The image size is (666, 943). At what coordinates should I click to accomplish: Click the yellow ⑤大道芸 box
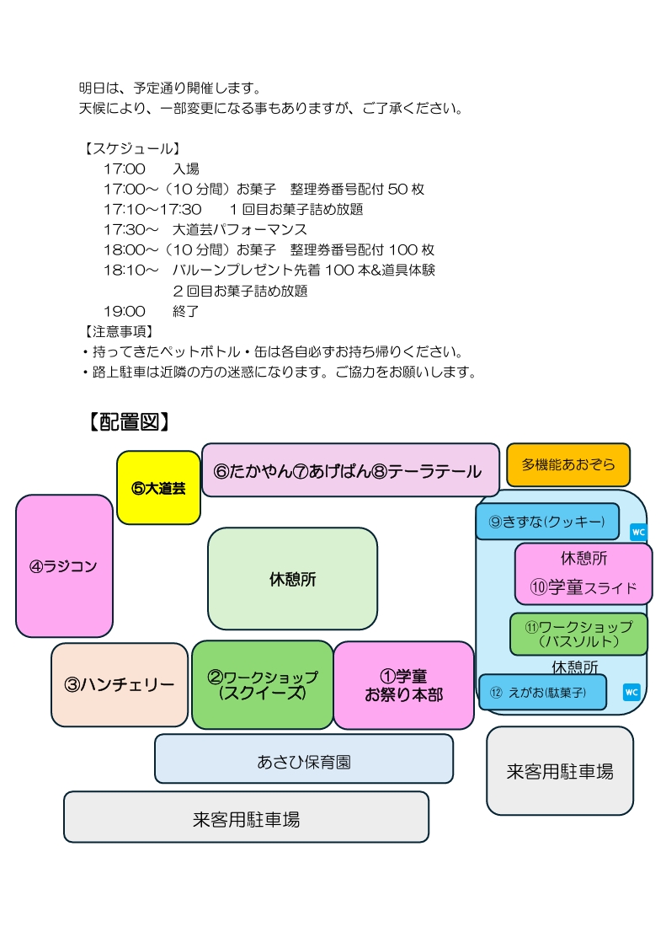[x=158, y=488]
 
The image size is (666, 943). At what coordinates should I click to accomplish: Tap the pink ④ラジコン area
[x=64, y=566]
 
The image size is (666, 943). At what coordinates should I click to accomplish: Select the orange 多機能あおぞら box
[x=568, y=465]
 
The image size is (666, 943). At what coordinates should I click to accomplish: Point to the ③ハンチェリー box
[x=120, y=685]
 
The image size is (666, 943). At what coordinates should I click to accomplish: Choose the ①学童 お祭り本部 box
[x=404, y=686]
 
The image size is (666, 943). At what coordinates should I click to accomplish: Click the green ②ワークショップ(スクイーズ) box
[x=263, y=685]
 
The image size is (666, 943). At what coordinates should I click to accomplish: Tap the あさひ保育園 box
[x=304, y=759]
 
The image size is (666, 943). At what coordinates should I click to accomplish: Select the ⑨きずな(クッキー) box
[x=547, y=522]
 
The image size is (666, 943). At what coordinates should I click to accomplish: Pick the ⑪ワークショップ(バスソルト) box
[x=578, y=635]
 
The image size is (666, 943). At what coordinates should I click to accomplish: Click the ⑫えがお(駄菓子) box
[x=543, y=692]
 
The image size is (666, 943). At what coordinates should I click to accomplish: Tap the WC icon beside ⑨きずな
[x=638, y=533]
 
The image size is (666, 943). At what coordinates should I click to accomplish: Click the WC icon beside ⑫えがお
[x=631, y=692]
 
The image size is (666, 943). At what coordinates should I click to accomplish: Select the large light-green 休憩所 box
[x=293, y=579]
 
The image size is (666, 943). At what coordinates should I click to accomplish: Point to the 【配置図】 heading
[x=129, y=421]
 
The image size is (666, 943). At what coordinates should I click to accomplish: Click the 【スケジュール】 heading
[x=133, y=148]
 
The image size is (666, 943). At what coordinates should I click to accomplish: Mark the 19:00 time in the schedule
[x=125, y=312]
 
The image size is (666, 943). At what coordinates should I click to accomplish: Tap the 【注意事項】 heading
[x=119, y=331]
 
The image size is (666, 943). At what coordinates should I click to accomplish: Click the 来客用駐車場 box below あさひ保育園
[x=247, y=817]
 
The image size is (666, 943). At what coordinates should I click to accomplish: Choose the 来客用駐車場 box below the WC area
[x=560, y=771]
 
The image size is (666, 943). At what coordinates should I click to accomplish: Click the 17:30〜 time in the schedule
[x=131, y=230]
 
